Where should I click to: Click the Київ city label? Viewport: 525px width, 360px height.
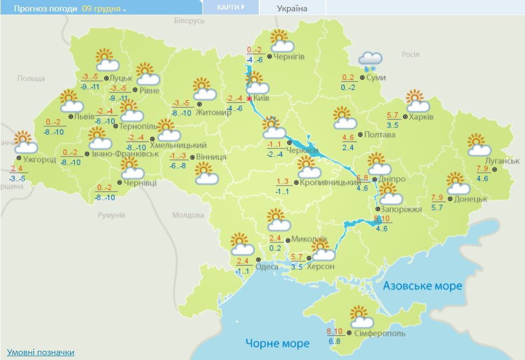pos(262,99)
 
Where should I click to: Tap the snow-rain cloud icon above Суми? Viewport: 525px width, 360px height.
pos(370,62)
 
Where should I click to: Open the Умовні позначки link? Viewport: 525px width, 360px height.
pos(41,352)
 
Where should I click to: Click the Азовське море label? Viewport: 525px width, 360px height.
pos(422,286)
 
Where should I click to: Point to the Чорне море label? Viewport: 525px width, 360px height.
pos(277,343)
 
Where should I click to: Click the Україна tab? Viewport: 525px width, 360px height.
pos(292,8)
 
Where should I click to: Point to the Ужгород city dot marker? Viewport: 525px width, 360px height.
pos(18,158)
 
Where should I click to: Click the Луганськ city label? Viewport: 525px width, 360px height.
pos(502,161)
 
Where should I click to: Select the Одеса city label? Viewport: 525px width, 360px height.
pos(267,267)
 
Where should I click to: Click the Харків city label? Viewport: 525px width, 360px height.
pos(422,117)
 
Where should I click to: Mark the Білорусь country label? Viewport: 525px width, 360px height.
pos(190,21)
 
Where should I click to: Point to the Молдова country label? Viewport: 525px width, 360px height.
pos(185,215)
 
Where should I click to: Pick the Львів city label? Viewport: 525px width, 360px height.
pos(85,117)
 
